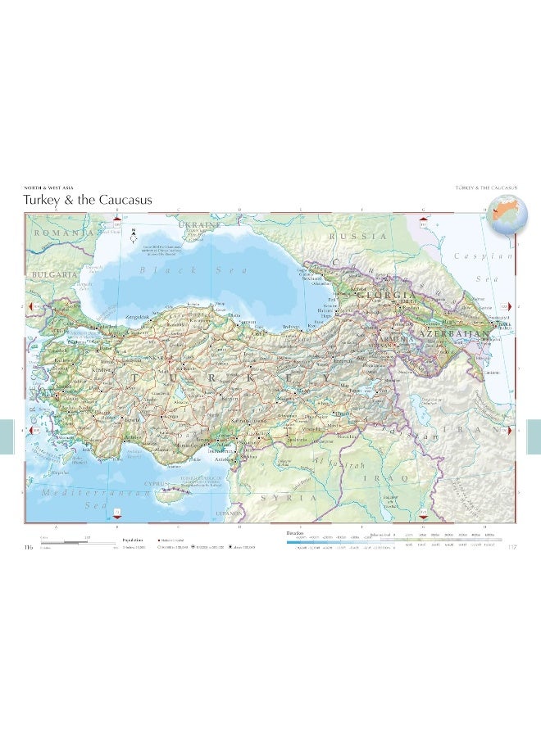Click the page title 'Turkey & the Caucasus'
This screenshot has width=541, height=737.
87,201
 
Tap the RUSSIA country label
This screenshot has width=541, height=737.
357,236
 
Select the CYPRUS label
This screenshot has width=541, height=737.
156,484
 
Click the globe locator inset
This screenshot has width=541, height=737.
505,215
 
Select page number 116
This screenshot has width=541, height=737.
30,548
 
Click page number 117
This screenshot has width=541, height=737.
513,548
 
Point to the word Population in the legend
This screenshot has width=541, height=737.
133,540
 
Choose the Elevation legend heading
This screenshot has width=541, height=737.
296,533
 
